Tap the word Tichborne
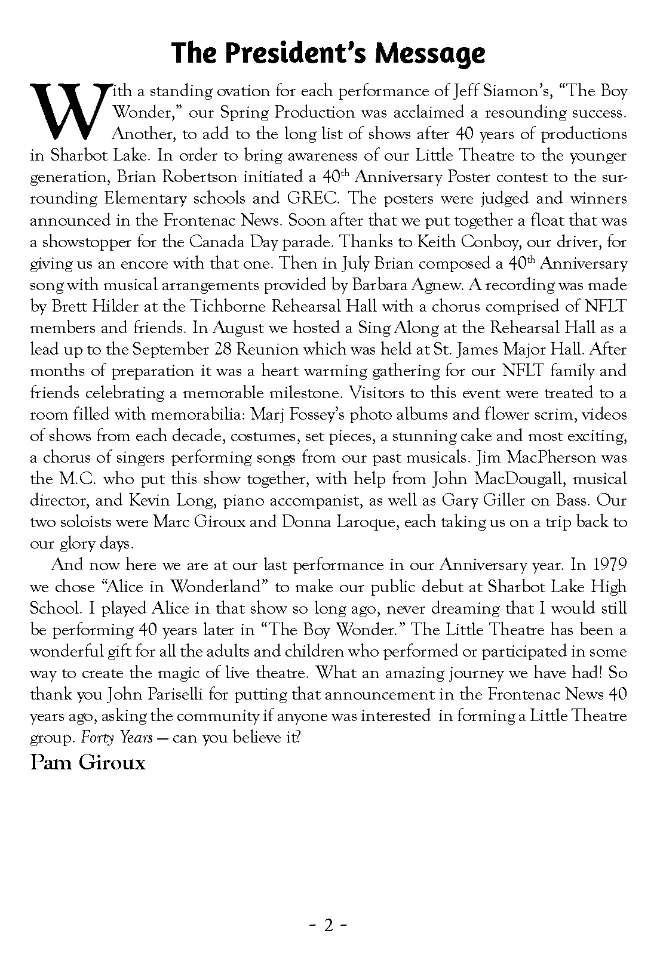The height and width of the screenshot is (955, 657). (230, 306)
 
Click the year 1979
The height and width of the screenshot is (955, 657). (610, 565)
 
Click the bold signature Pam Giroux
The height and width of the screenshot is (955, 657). (88, 763)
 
